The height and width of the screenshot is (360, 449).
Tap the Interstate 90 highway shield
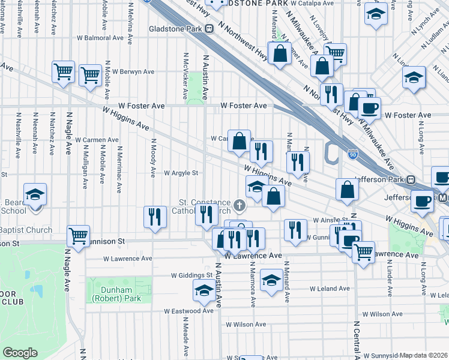coord(352,155)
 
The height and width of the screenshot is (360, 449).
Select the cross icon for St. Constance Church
coord(240,207)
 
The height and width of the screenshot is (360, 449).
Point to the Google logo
coord(20,353)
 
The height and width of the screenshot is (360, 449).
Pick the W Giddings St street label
coord(192,275)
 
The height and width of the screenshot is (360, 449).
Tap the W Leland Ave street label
coord(330,289)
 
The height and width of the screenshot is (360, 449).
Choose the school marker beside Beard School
coord(35,194)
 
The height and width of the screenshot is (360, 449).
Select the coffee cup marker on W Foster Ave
coord(369,108)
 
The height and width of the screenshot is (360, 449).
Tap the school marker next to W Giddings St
coord(204,291)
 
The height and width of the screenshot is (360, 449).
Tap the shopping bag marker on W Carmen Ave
coord(239,142)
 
